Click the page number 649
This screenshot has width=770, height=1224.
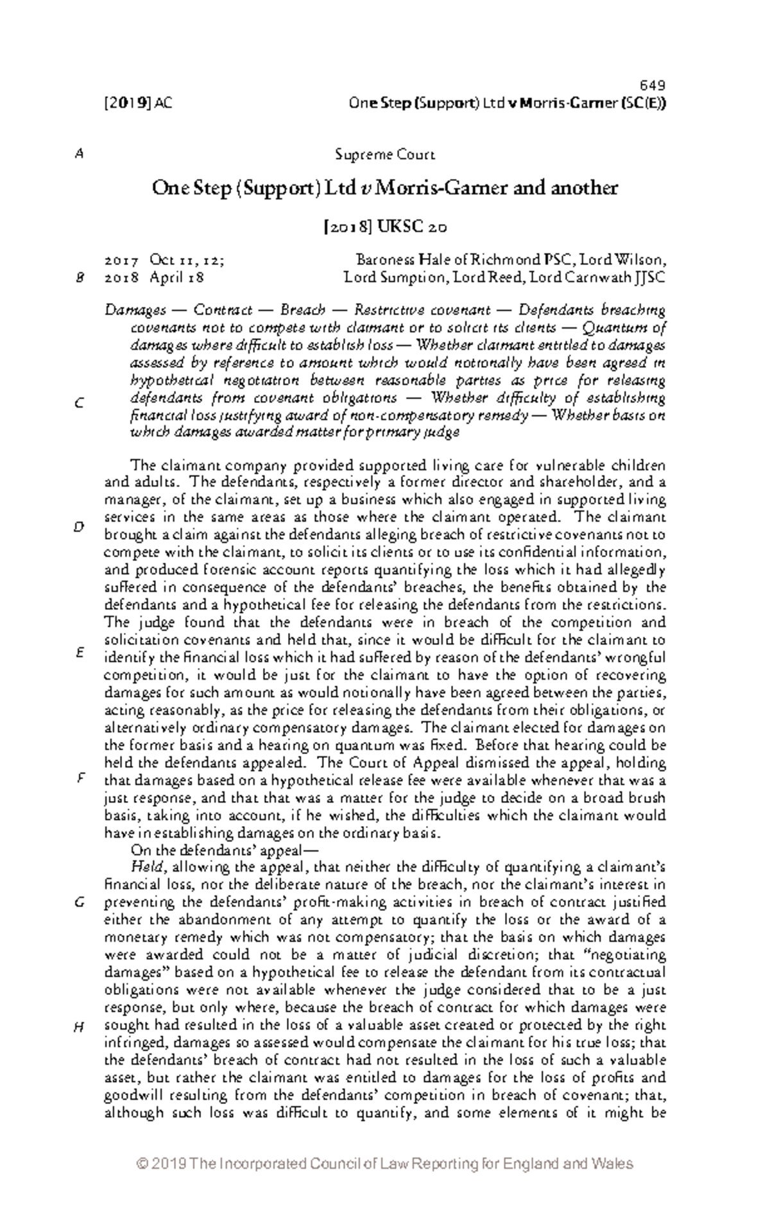[653, 86]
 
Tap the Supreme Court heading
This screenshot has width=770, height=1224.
[385, 155]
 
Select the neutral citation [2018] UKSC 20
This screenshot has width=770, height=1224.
[385, 227]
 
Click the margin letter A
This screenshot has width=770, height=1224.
[80, 155]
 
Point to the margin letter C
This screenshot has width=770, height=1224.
[80, 404]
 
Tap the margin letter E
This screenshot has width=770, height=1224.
[80, 653]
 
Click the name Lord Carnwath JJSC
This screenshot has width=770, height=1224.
[615, 278]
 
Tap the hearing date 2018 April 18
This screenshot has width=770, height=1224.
[154, 278]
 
